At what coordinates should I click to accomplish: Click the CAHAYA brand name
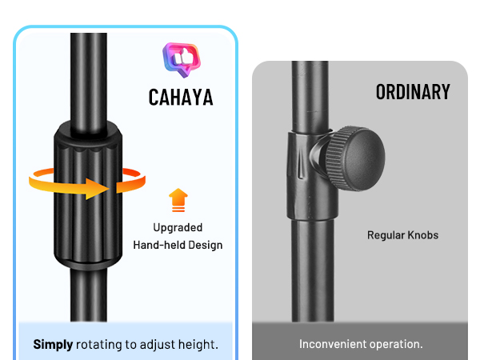point(181,98)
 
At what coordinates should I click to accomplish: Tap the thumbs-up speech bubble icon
point(182,60)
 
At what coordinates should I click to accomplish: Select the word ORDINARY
point(413,92)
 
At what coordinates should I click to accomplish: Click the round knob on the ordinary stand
point(355,158)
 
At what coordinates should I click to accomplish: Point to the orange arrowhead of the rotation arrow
point(98,189)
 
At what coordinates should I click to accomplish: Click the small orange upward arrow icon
point(178,200)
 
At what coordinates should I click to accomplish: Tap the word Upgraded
point(178,228)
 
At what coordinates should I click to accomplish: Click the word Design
point(205,246)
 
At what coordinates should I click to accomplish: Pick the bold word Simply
point(53,345)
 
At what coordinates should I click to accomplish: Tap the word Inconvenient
point(333,344)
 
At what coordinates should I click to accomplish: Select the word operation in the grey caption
point(394,345)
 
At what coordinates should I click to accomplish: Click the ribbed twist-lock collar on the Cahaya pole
point(88,196)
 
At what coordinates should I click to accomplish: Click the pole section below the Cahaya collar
point(89,295)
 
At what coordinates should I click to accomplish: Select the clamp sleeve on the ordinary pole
point(312,174)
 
